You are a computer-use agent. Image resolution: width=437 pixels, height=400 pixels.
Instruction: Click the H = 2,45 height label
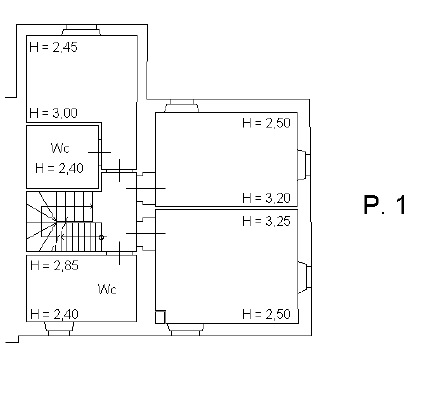53,47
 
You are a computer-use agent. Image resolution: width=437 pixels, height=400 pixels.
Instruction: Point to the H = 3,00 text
53,113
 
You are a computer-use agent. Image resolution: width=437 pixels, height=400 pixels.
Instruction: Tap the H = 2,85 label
54,265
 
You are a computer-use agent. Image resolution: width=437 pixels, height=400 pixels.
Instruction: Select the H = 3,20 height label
266,198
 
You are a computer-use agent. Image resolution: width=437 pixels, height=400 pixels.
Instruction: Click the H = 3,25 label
266,221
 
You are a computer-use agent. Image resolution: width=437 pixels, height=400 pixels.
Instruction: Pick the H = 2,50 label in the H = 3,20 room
266,123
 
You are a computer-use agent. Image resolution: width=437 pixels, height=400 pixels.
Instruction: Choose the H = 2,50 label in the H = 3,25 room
266,314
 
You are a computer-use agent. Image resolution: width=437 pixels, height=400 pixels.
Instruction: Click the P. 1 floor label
385,205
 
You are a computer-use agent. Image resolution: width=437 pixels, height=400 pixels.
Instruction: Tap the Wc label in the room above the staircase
60,148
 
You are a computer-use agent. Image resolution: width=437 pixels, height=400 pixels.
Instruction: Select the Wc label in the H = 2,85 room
107,289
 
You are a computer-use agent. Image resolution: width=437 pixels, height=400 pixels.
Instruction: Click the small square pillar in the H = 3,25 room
160,317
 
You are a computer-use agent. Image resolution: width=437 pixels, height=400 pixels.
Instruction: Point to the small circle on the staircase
101,237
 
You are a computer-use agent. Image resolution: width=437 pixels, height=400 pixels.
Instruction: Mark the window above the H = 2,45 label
81,30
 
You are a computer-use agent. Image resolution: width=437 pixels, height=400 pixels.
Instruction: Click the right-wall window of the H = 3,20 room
304,165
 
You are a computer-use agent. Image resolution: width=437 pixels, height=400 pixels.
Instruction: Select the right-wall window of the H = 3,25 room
304,277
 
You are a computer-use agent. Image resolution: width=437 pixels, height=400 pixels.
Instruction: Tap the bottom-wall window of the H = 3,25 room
185,329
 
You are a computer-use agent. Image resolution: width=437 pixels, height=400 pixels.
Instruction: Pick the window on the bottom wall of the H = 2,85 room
59,329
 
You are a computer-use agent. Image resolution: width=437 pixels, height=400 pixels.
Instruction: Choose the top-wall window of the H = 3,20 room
182,106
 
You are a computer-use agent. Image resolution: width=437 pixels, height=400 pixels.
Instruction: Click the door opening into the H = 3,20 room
146,188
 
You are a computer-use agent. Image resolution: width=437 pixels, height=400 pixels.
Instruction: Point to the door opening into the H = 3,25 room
146,233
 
